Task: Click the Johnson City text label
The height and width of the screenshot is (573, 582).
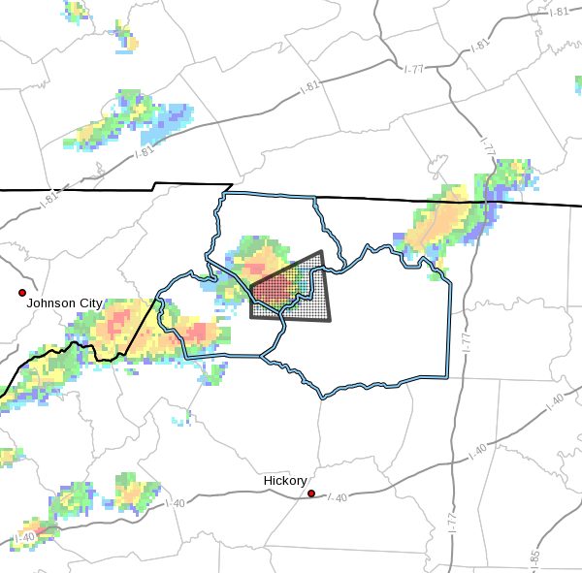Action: pos(64,303)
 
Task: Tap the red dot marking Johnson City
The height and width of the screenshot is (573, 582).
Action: pos(21,292)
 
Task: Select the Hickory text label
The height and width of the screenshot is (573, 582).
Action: pos(285,481)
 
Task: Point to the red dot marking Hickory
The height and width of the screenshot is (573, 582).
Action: pos(311,493)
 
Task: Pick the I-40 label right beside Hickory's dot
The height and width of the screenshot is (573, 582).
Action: pos(337,497)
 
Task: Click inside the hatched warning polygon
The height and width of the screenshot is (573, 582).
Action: pos(291,296)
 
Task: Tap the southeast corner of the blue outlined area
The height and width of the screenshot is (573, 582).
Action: pos(449,376)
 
